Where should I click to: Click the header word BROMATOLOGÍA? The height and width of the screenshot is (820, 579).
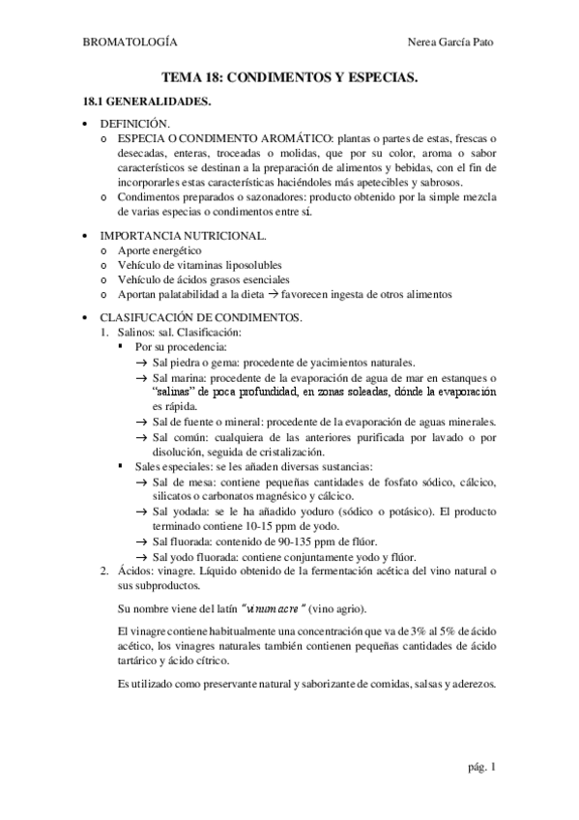[130, 43]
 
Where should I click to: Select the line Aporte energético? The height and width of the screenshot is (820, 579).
[159, 250]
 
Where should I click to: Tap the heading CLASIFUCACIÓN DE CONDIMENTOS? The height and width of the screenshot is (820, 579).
[201, 317]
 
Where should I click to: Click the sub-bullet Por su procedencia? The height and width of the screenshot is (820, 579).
[182, 345]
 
